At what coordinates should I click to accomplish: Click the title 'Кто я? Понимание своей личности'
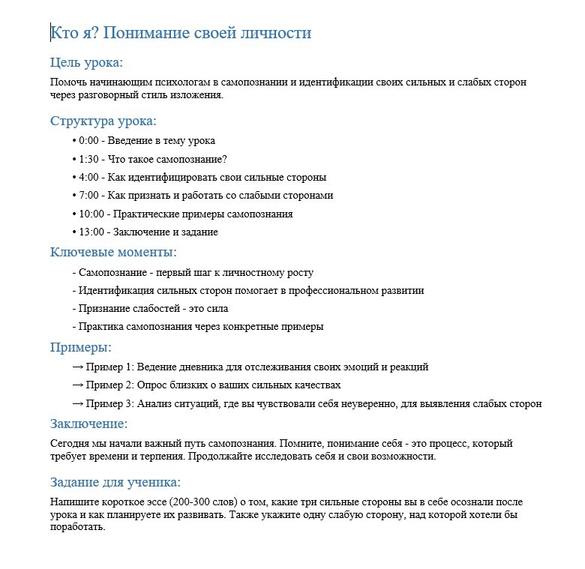180,34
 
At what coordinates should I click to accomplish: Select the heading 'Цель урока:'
86,62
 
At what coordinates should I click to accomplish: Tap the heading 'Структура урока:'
103,121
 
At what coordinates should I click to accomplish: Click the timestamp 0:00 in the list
88,141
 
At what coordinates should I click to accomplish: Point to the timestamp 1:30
88,159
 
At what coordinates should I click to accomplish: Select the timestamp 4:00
88,178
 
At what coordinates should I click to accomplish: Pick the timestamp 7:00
88,196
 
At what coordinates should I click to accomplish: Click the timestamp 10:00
91,214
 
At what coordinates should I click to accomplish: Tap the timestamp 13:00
91,232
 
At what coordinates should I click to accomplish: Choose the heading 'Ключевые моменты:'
113,253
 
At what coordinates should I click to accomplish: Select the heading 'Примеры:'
80,348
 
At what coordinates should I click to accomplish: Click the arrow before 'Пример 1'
77,367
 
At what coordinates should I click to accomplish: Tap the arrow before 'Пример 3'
77,404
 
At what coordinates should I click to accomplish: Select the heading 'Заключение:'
88,425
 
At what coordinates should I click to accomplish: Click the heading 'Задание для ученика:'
115,483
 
